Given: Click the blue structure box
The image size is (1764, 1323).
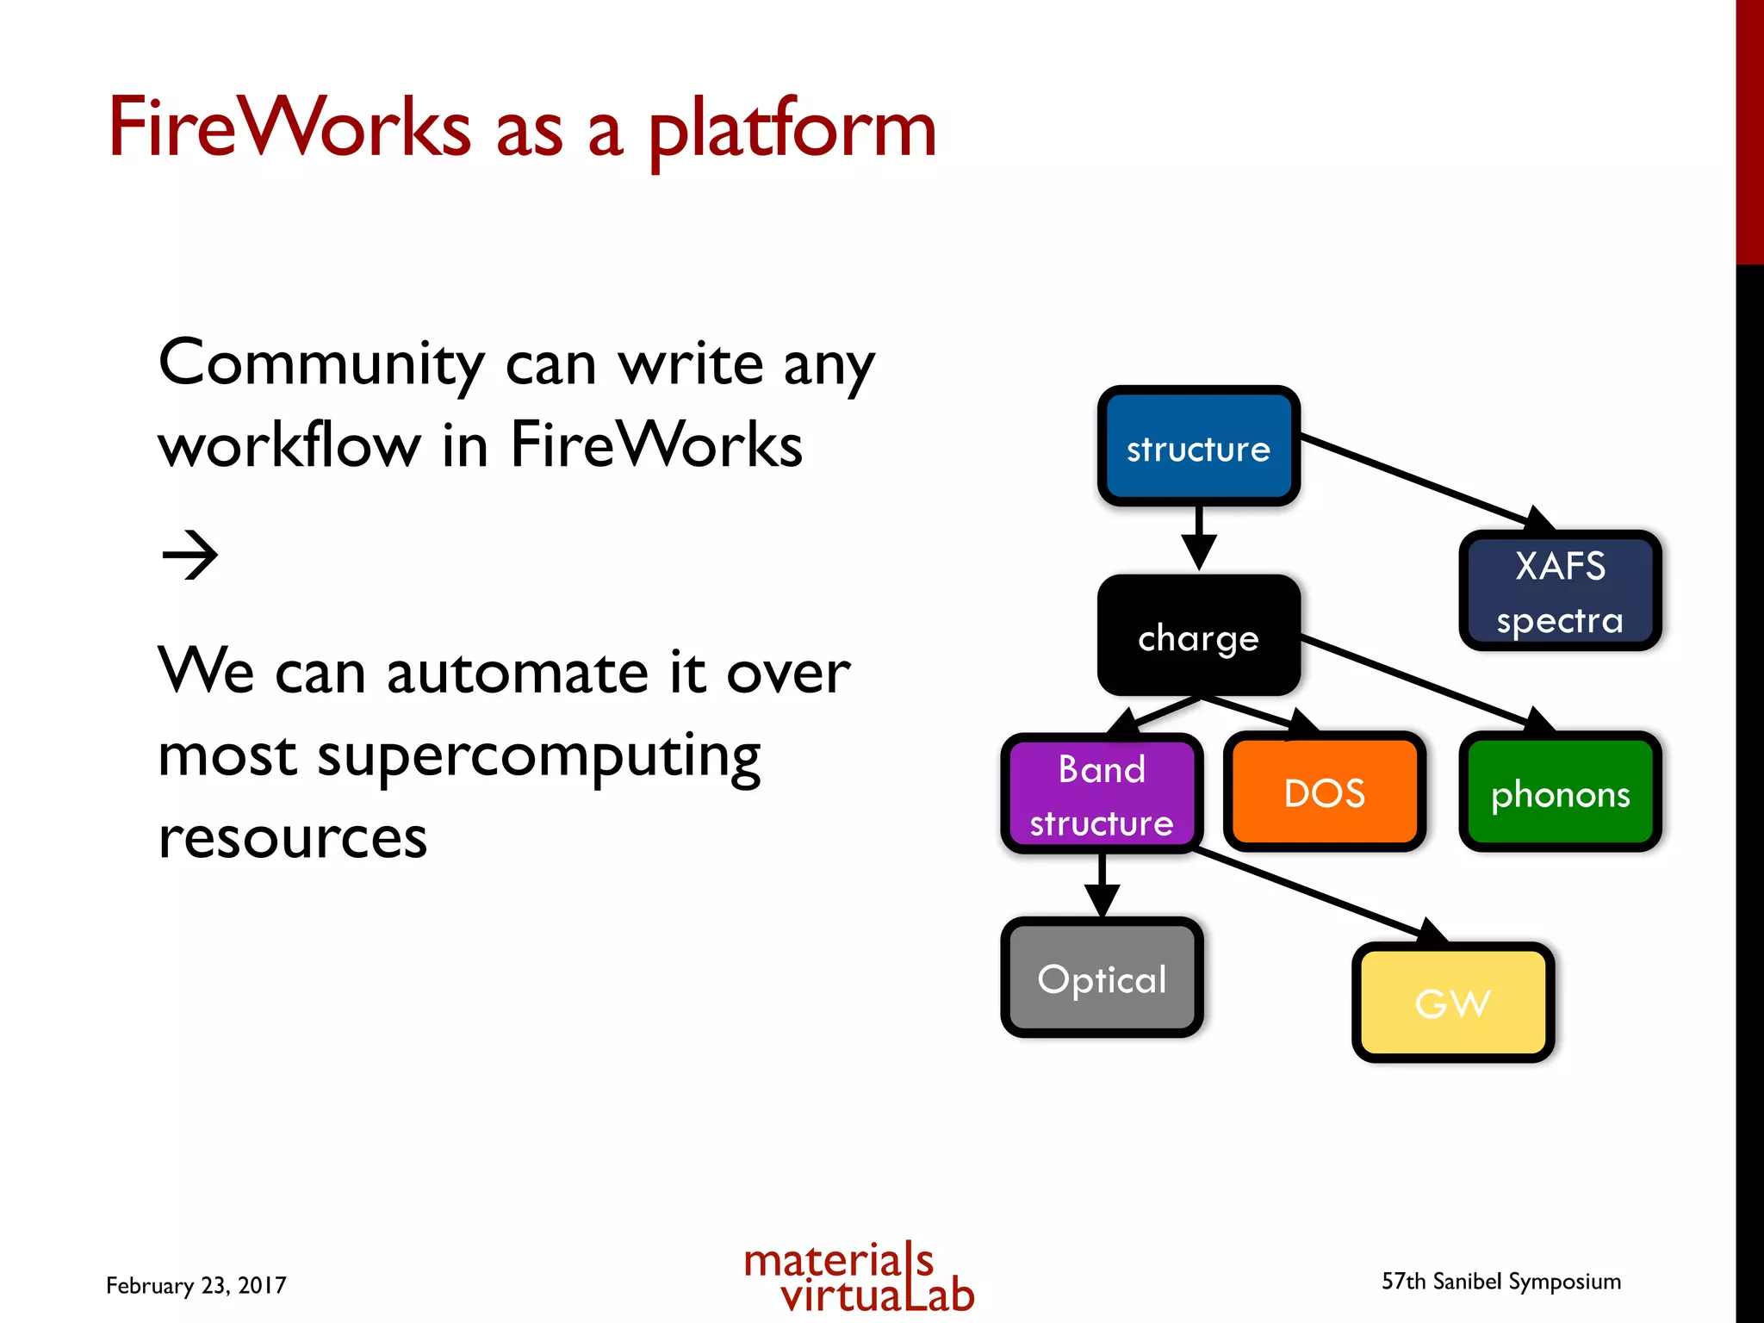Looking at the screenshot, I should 1198,446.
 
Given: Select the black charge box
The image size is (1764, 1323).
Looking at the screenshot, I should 1198,636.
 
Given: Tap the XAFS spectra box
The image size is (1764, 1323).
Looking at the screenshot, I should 1560,591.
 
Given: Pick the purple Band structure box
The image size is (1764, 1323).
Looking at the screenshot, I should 1102,793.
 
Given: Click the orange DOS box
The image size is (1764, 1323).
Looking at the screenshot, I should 1324,792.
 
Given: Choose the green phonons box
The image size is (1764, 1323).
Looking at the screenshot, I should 1560,792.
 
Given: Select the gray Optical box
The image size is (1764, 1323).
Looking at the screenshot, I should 1102,978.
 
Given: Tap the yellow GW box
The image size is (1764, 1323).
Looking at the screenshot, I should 1452,1002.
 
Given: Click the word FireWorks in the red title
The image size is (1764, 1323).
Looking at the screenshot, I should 289,127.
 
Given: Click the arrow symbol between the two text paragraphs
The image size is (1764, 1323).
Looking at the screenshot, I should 190,556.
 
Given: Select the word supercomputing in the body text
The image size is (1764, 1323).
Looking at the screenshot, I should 538,756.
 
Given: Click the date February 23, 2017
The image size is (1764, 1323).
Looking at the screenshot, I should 196,1285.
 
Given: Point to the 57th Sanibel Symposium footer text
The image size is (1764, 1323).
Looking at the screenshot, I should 1500,1282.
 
